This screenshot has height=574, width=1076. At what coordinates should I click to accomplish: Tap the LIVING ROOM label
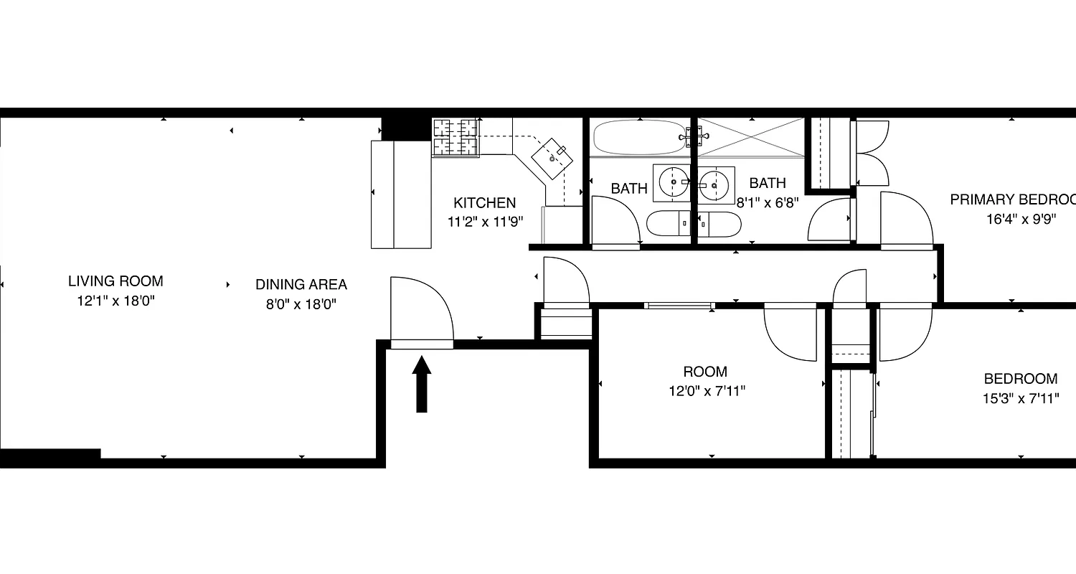115,281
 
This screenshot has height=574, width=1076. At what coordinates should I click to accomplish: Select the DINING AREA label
301,285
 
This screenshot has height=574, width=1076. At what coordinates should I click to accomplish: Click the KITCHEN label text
484,203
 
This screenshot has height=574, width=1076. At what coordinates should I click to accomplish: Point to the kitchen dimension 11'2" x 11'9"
485,222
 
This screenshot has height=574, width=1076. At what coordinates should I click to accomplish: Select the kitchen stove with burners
456,137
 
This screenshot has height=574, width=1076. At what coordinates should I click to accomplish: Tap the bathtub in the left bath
639,137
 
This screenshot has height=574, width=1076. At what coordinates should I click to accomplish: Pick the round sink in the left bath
673,182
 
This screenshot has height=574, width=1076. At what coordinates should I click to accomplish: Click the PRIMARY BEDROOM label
1012,199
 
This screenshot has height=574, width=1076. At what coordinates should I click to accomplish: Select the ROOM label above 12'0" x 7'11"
704,372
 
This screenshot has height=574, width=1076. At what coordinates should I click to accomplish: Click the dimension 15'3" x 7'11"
1021,397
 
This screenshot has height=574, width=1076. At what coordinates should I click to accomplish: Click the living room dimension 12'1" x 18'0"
115,301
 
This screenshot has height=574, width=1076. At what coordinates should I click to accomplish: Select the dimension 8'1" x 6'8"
767,202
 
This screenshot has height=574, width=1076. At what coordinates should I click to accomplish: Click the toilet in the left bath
667,224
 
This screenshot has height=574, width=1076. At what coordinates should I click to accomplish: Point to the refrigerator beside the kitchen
400,194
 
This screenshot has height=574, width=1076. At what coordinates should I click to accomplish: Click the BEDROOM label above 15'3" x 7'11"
1020,379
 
